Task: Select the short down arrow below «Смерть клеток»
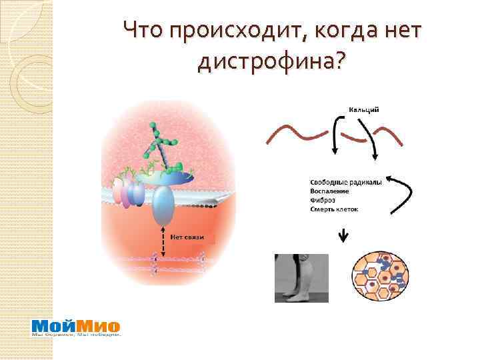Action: click(344, 235)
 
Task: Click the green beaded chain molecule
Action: click(161, 143)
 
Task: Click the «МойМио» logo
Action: click(76, 327)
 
